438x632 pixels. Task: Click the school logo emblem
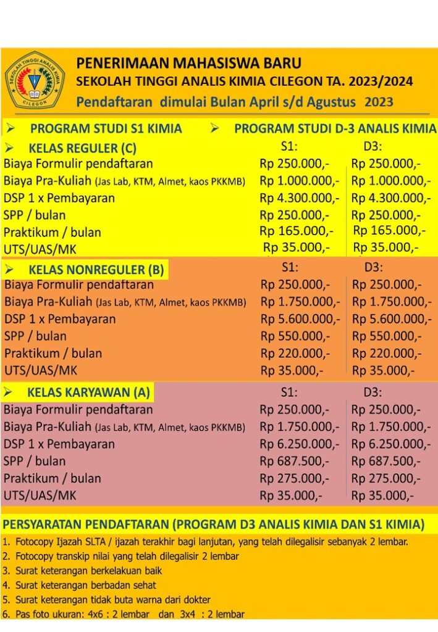pos(35,80)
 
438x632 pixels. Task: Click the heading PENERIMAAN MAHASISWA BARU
pos(189,63)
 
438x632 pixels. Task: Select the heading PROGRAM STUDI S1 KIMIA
pos(106,129)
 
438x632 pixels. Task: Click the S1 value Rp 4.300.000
pos(299,198)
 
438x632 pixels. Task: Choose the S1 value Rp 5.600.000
pos(300,319)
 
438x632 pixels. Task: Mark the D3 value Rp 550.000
pos(387,336)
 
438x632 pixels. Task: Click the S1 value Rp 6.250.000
pos(299,444)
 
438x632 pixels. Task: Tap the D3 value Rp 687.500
pos(386,461)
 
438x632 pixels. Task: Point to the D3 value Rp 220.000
pos(387,354)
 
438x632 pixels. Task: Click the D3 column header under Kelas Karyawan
pos(373,392)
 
